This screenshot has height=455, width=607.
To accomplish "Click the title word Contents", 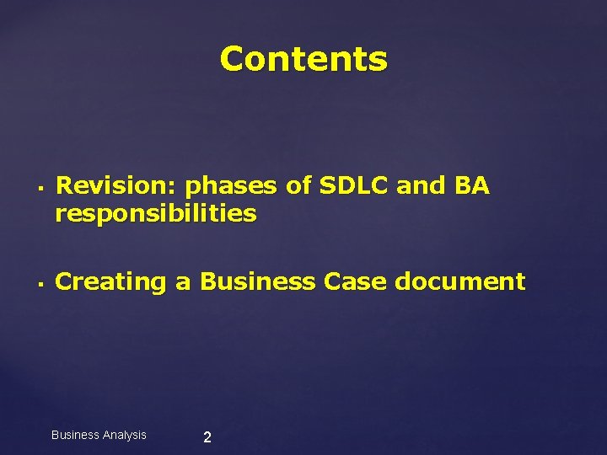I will [x=303, y=60].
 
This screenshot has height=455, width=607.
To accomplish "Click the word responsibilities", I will [x=155, y=214].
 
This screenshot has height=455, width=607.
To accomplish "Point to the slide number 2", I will [x=207, y=437].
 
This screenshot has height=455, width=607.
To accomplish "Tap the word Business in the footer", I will [x=76, y=435].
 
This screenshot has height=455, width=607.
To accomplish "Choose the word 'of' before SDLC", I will [x=299, y=185].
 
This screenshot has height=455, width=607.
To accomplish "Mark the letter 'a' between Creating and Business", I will [x=183, y=283].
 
